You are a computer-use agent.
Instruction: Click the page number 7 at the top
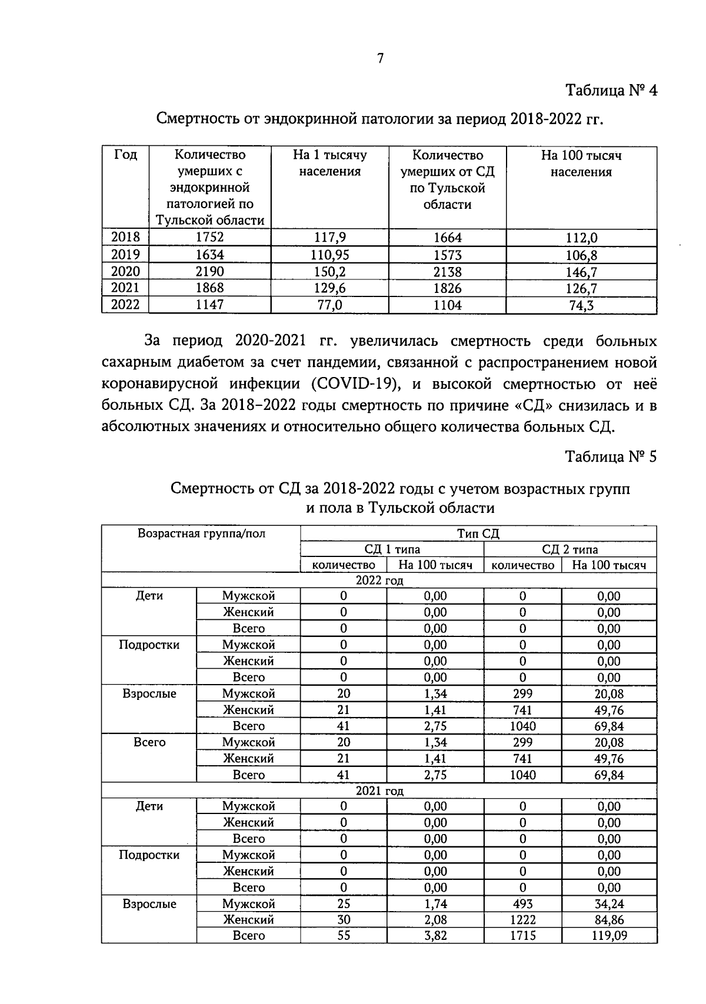pos(380,58)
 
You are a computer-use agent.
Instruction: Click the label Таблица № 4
pos(611,91)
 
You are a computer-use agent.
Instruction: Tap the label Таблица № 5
pos(611,456)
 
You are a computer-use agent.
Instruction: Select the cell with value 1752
pos(210,238)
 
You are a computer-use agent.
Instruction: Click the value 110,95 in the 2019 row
pos(329,255)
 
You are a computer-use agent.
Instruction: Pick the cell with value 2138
pos(447,272)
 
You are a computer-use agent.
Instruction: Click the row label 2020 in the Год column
pos(126,271)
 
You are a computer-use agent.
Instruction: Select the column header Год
pos(126,155)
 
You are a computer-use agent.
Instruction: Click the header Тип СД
pos(478,533)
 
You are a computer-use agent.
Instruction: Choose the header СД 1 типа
pos(392,549)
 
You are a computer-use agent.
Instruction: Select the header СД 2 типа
pos(570,549)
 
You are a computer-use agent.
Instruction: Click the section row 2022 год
pos(379,581)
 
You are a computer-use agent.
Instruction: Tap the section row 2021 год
pos(379,790)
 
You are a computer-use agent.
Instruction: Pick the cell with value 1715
pos(522,935)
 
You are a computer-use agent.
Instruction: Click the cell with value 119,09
pos(609,935)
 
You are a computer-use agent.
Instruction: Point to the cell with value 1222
pos(522,919)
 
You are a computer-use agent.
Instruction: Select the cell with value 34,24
pos(609,903)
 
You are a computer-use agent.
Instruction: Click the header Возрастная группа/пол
pos(201,533)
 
